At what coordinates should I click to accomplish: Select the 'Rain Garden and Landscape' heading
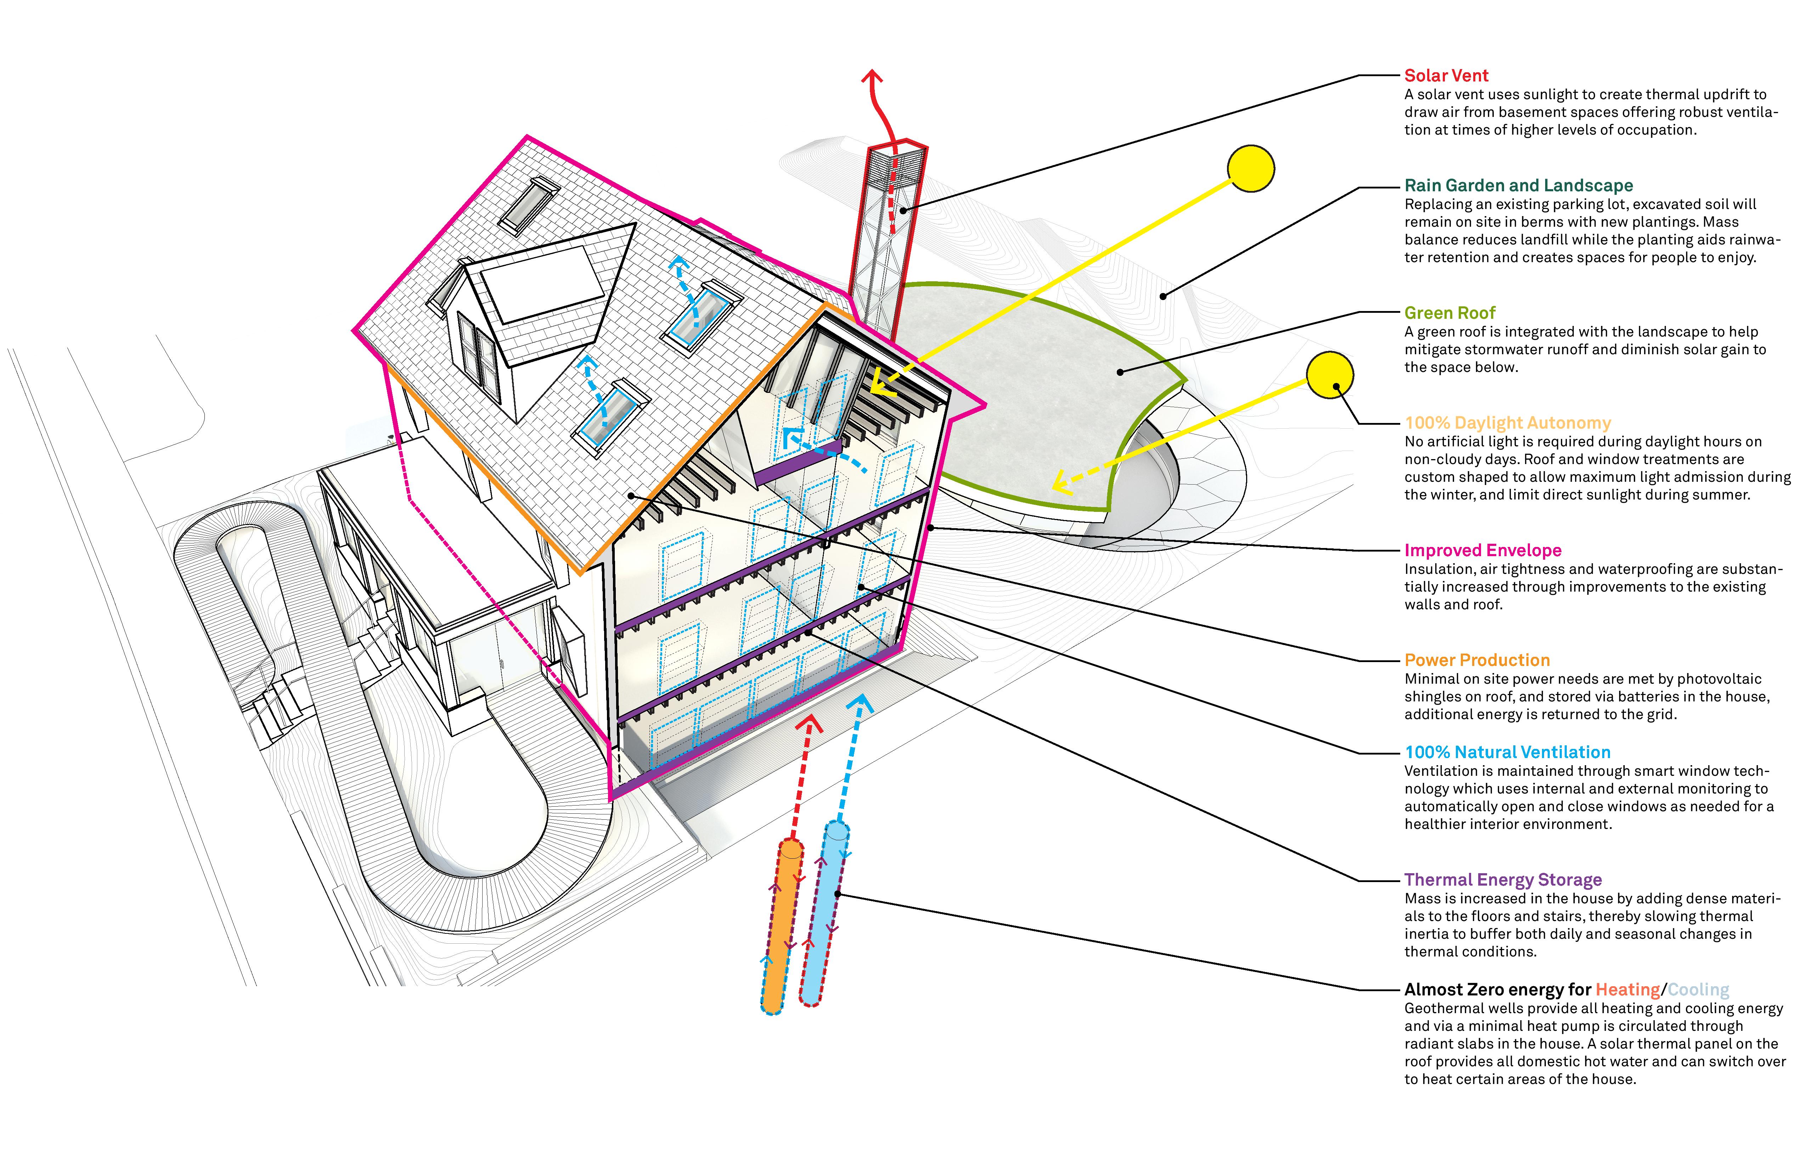pos(1519,186)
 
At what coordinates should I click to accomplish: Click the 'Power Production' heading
pos(1477,660)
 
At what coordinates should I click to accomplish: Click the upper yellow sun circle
pos(1250,169)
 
